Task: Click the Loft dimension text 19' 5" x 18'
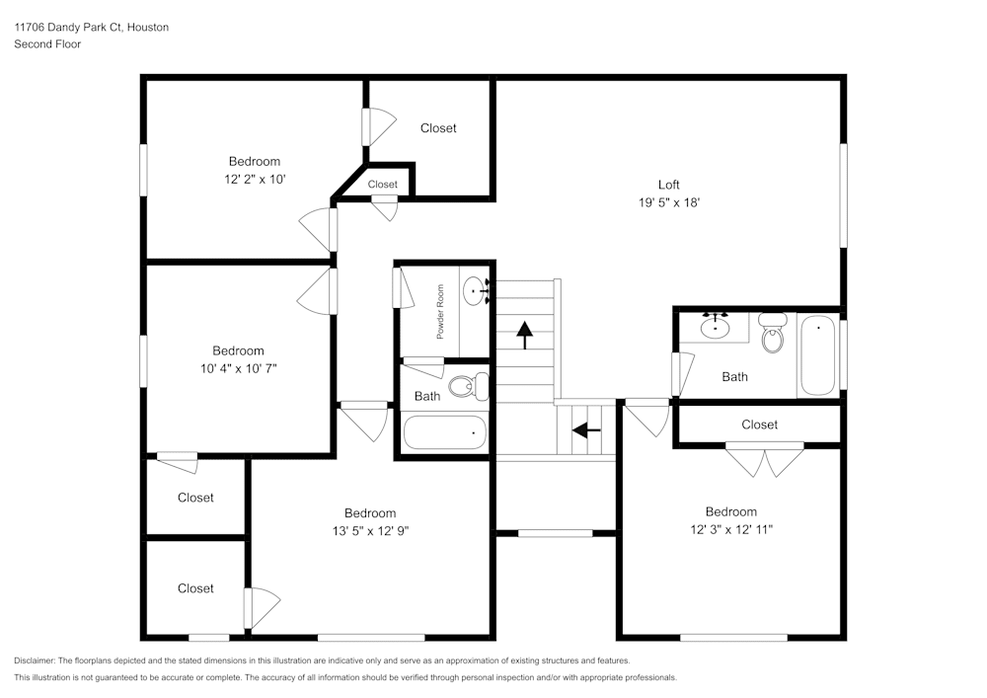click(x=669, y=202)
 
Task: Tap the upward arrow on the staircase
click(x=523, y=335)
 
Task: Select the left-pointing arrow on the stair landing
click(x=586, y=430)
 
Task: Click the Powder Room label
click(x=441, y=312)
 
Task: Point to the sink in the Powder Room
click(x=477, y=290)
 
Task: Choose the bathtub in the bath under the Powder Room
click(x=445, y=432)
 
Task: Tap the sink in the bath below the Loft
click(x=716, y=326)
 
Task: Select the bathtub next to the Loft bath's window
click(x=818, y=354)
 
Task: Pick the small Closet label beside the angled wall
click(x=383, y=185)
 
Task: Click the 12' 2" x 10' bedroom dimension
click(x=255, y=180)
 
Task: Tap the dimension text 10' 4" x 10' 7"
click(x=238, y=368)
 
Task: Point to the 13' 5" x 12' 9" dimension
click(x=370, y=530)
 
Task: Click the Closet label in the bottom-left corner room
click(x=195, y=588)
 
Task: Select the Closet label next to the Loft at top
click(x=438, y=128)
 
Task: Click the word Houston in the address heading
click(x=147, y=28)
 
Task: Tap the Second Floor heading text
click(x=47, y=44)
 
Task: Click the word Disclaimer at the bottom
click(x=35, y=660)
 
